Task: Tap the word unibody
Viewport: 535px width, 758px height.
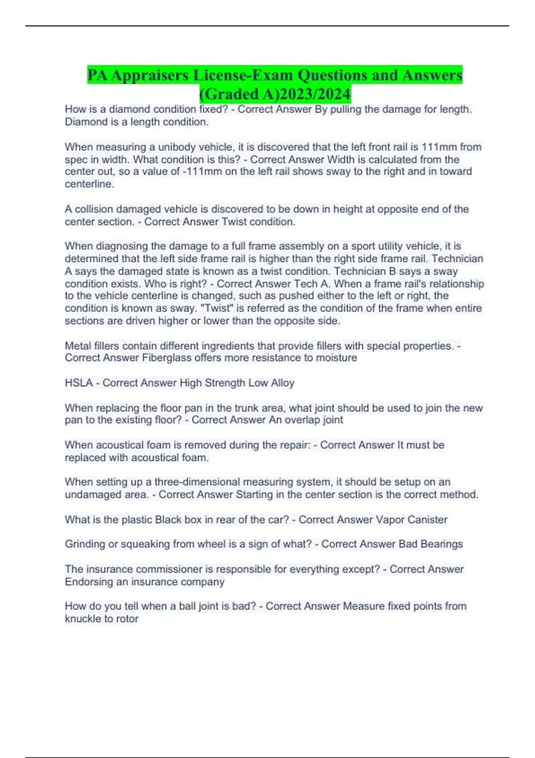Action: coord(178,147)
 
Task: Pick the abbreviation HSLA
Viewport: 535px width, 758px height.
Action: coord(78,383)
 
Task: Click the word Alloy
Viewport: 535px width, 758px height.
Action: coord(283,383)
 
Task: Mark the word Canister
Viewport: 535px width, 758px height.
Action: coord(426,519)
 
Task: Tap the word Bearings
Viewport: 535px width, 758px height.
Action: coord(441,544)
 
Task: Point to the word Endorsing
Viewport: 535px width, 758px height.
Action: coord(86,582)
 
